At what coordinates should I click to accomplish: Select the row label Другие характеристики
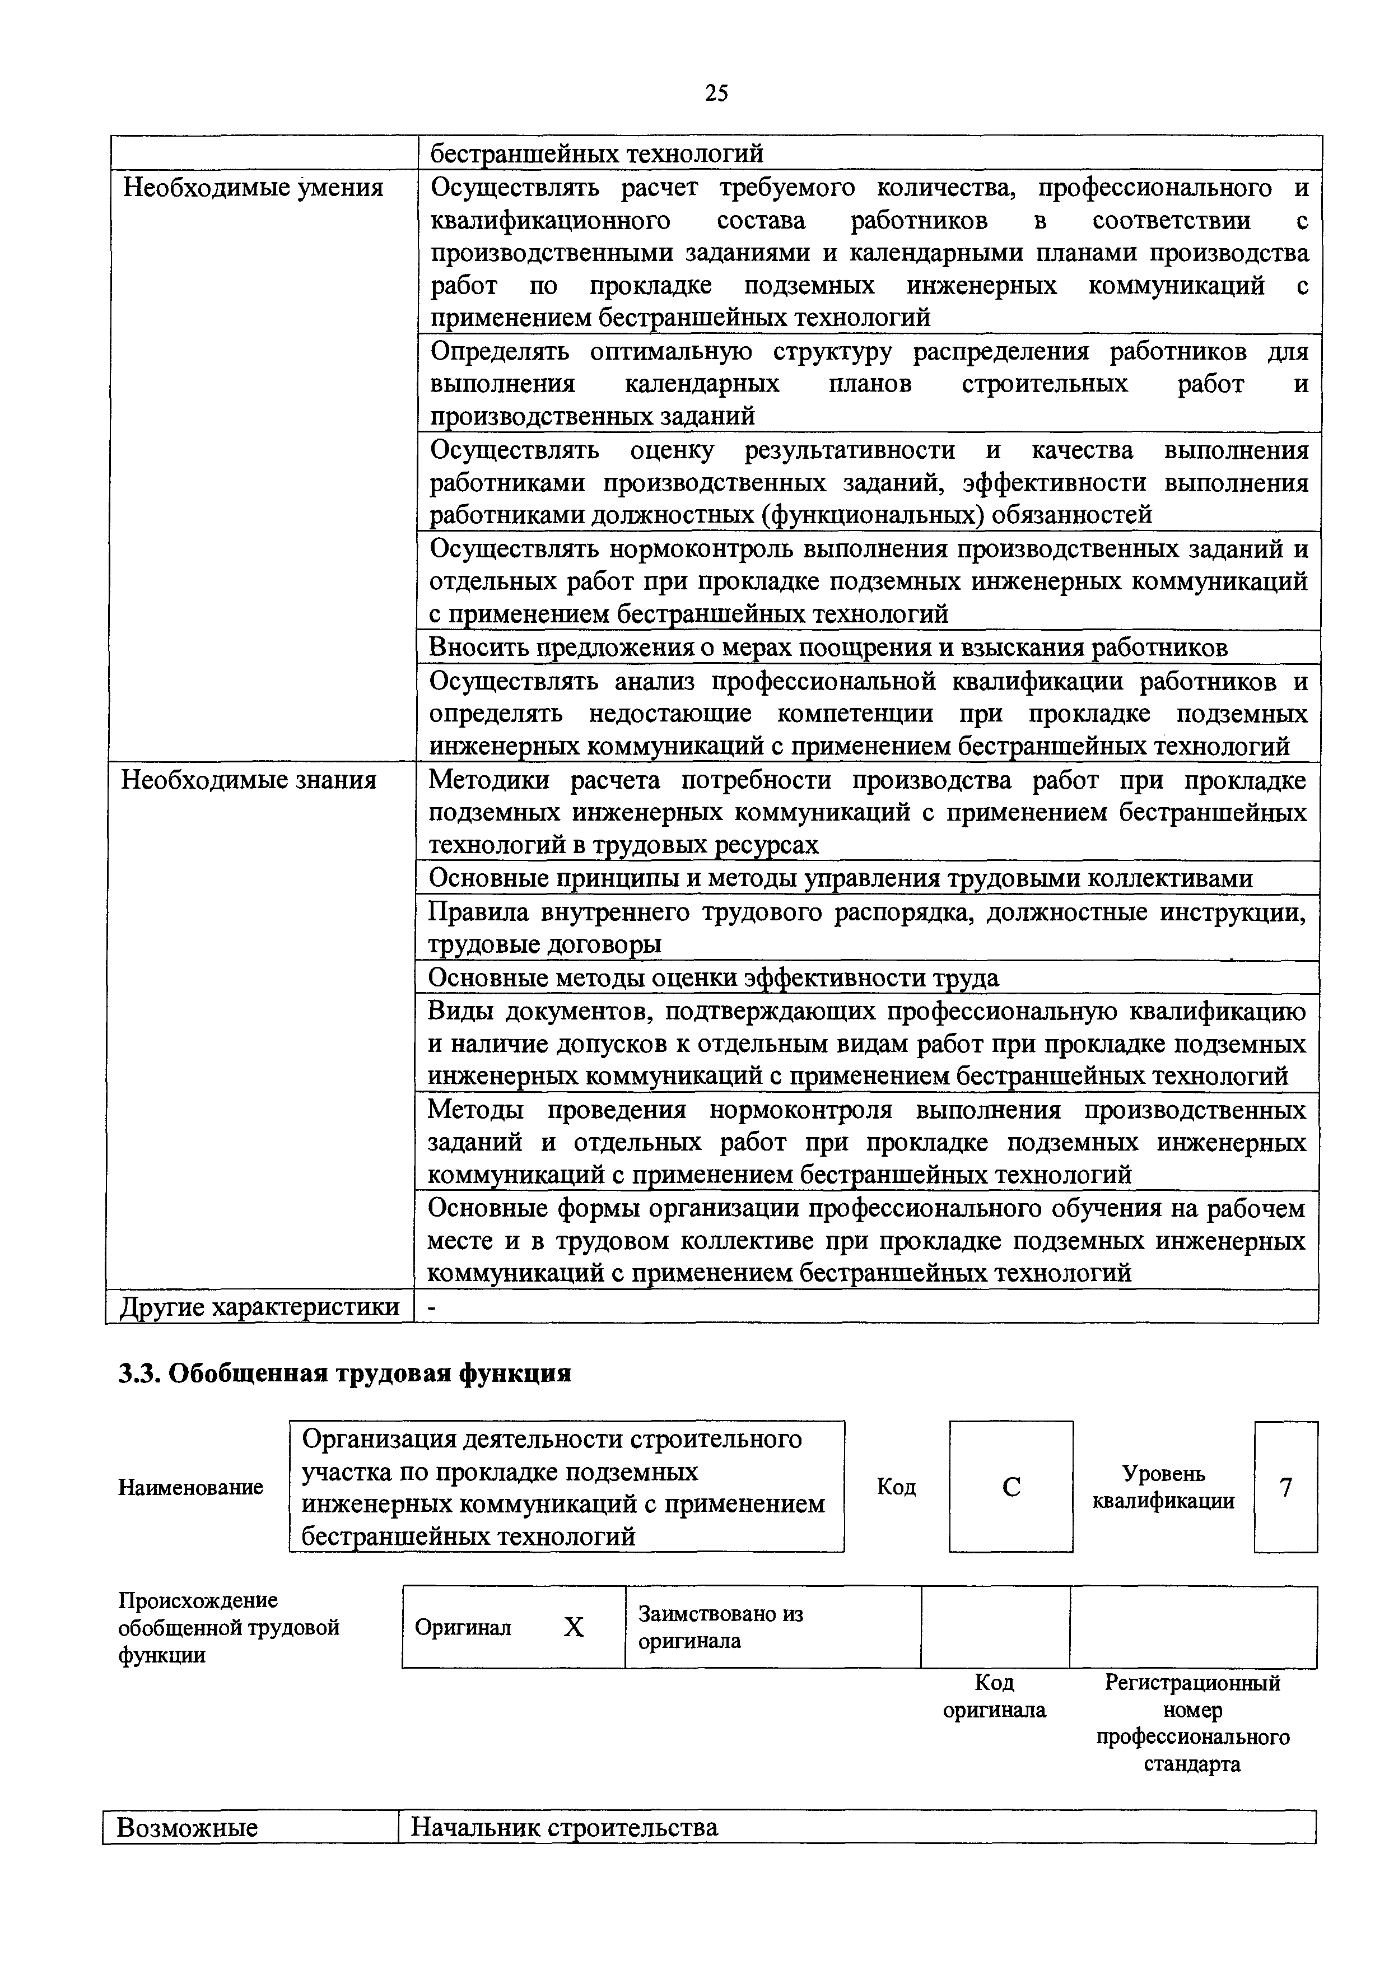pyautogui.click(x=259, y=1307)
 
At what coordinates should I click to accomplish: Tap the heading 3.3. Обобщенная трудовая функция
pyautogui.click(x=344, y=1373)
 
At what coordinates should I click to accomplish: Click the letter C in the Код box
pyautogui.click(x=1011, y=1487)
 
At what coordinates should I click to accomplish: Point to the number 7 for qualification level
pyautogui.click(x=1285, y=1487)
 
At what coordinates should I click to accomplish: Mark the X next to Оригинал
pyautogui.click(x=574, y=1627)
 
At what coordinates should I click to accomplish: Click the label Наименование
pyautogui.click(x=190, y=1487)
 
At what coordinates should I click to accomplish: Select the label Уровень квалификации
pyautogui.click(x=1163, y=1487)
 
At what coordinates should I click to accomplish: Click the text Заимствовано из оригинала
pyautogui.click(x=721, y=1627)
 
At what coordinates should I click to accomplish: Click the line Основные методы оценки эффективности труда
pyautogui.click(x=713, y=977)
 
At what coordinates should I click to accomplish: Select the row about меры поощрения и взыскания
pyautogui.click(x=828, y=648)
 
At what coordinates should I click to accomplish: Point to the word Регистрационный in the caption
pyautogui.click(x=1192, y=1683)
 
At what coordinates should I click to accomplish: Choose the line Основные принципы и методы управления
pyautogui.click(x=840, y=878)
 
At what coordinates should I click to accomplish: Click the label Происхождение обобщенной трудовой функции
pyautogui.click(x=229, y=1627)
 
